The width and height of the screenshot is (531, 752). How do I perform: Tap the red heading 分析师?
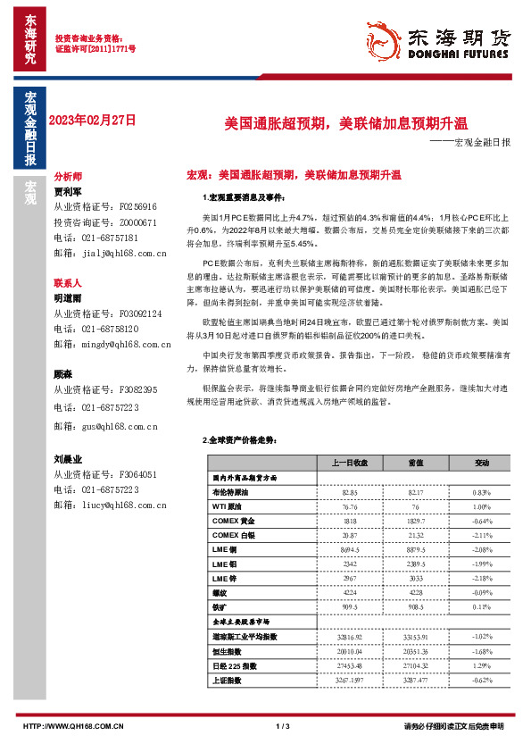tap(68, 177)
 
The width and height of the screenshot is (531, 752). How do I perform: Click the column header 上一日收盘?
tap(349, 463)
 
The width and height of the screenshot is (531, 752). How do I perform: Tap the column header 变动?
tap(483, 463)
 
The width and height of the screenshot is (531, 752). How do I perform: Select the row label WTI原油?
tap(227, 506)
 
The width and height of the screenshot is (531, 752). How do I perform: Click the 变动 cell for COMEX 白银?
tap(483, 534)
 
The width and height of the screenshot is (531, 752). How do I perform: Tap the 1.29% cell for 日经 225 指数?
tap(483, 665)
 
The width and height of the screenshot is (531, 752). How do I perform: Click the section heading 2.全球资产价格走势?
tap(241, 440)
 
